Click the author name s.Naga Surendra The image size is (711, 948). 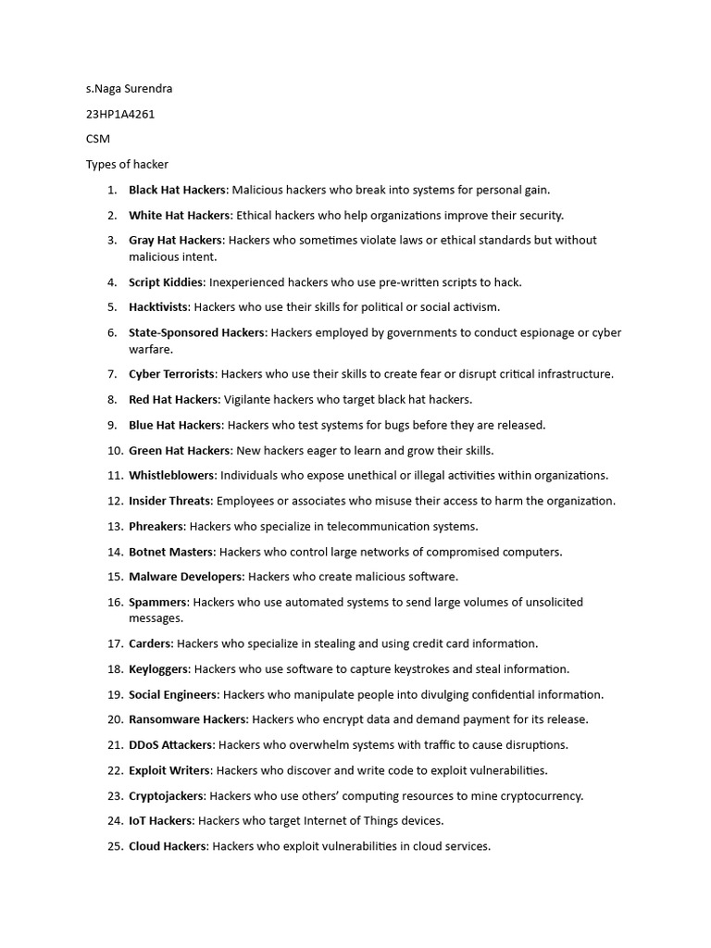coord(129,89)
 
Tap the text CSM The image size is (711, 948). coord(98,139)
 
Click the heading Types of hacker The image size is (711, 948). coord(127,165)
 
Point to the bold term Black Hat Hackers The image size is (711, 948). coord(177,190)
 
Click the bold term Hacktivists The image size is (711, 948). coord(158,307)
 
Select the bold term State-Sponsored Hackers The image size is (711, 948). coord(197,332)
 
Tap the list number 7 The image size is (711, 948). coord(111,374)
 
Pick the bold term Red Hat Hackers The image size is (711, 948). coord(174,400)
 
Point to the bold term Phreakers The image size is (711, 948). coord(157,527)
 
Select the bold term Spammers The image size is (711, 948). coord(158,602)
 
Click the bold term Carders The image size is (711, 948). coord(150,643)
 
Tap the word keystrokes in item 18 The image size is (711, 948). coord(421,669)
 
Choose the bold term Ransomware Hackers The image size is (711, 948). coord(188,719)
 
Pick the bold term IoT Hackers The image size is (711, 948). coord(161,820)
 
